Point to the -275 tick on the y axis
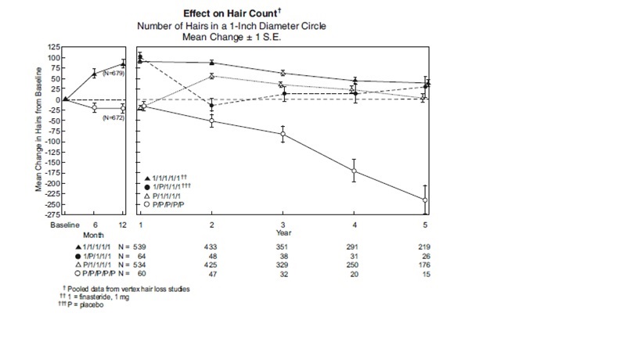(52, 214)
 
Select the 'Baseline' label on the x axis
(65, 225)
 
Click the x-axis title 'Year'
(284, 233)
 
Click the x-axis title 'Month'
(94, 234)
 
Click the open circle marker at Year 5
(425, 200)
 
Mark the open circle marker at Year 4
(355, 171)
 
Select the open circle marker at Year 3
(283, 135)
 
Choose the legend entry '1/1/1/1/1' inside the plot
(170, 178)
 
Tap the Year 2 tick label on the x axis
(212, 225)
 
